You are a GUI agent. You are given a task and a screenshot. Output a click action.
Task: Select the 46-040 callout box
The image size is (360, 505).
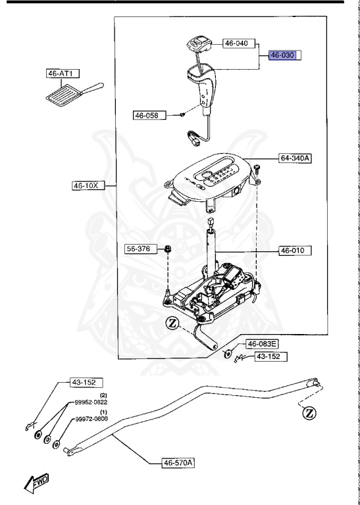(x=236, y=43)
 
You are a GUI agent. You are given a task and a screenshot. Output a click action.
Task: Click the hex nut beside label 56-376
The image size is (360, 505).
(x=168, y=249)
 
